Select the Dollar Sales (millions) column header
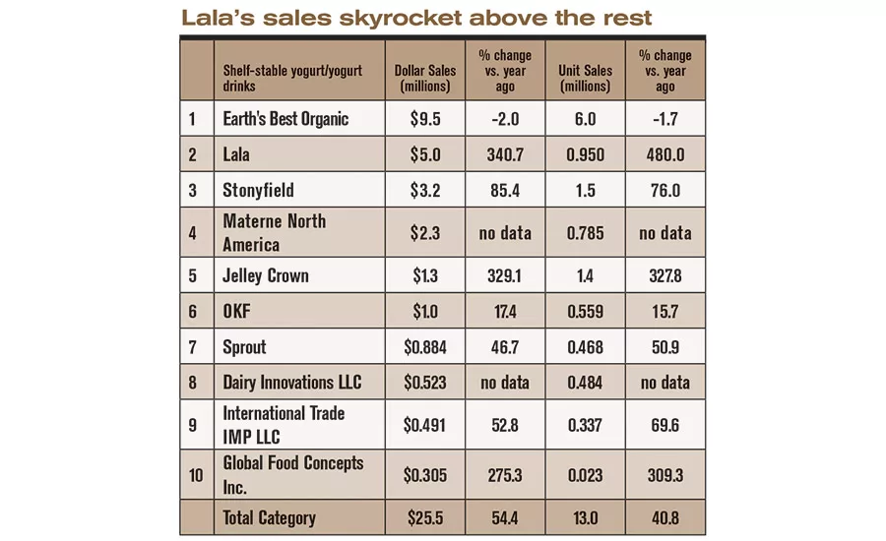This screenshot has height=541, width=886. pos(425,78)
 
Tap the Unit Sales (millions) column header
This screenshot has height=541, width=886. pos(585,78)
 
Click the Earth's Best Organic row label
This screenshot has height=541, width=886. pos(285,119)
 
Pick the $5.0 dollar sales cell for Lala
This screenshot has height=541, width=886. pos(425,154)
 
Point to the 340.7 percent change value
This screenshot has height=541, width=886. pos(505,154)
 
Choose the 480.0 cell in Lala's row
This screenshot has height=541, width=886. pos(665,154)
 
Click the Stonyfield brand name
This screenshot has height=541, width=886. pos(258,190)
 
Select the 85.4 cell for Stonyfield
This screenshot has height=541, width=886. pos(505,190)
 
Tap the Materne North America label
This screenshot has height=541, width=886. pos(274,232)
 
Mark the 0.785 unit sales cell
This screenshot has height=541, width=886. pos(585,233)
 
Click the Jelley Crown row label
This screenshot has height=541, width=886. pos(266,275)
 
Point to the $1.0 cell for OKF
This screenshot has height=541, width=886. pos(425,311)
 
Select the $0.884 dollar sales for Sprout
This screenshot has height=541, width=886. pos(425,347)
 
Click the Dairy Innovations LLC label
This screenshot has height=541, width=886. pos(291,382)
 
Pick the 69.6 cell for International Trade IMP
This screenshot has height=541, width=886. pos(665,425)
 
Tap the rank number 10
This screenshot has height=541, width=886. pos(196,475)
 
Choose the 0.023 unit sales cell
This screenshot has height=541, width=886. pos(585,475)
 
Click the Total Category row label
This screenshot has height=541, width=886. pos(269,517)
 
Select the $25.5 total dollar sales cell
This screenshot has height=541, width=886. pos(425,517)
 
